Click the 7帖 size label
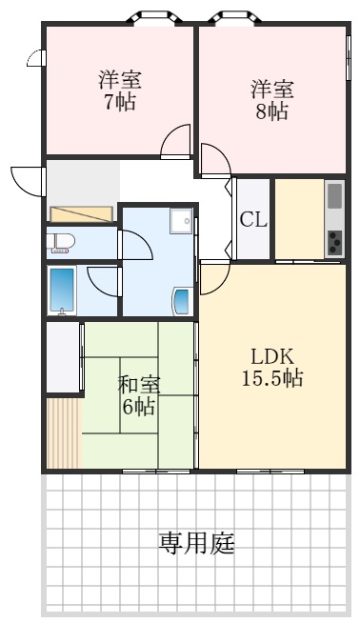click(x=120, y=102)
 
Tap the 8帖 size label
click(x=272, y=111)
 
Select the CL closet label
click(x=253, y=219)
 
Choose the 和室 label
click(x=139, y=386)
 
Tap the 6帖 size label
click(x=139, y=408)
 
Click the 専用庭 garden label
click(x=196, y=544)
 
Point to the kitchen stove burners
click(x=334, y=243)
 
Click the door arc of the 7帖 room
click(x=177, y=143)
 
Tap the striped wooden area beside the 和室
click(x=63, y=432)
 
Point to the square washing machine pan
click(x=181, y=222)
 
